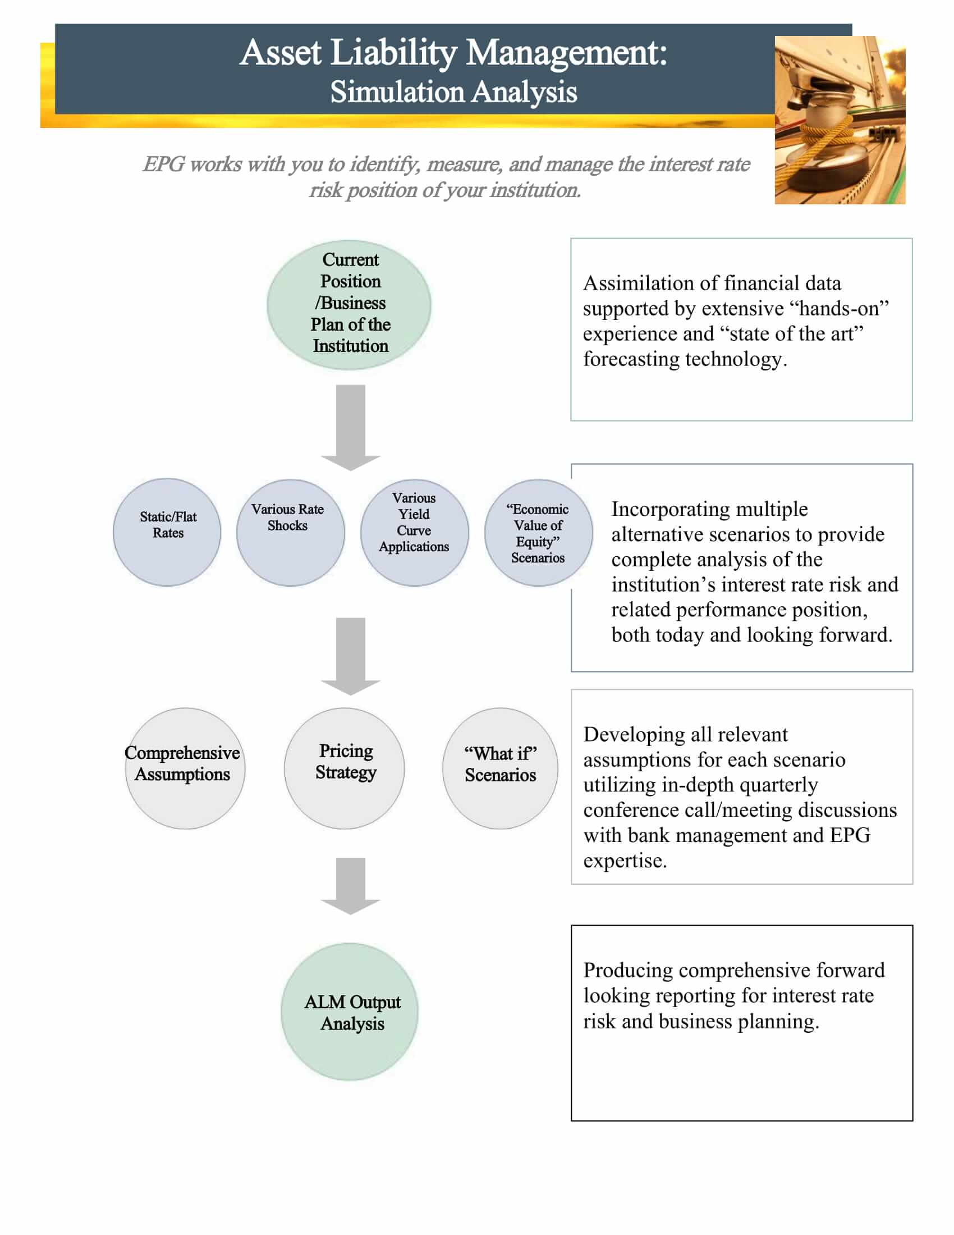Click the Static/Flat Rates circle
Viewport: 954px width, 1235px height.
(x=167, y=532)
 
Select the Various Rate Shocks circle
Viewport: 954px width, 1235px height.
(x=291, y=532)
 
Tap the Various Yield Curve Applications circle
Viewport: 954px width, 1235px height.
(x=414, y=532)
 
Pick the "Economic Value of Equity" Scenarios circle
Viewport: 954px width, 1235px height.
(x=538, y=532)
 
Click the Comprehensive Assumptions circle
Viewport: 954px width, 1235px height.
(x=185, y=768)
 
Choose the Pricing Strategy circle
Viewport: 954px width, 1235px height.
(x=344, y=768)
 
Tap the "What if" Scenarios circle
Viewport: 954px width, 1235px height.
(x=500, y=768)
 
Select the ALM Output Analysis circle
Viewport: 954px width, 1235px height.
(x=349, y=1012)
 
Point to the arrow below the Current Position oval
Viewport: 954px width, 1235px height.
(x=350, y=427)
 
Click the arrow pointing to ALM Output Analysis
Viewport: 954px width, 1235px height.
(x=350, y=885)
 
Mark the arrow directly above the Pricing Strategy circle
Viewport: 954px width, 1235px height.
(x=350, y=656)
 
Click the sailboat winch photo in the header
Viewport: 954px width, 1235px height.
(x=840, y=120)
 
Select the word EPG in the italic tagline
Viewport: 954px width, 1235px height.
(x=163, y=164)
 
